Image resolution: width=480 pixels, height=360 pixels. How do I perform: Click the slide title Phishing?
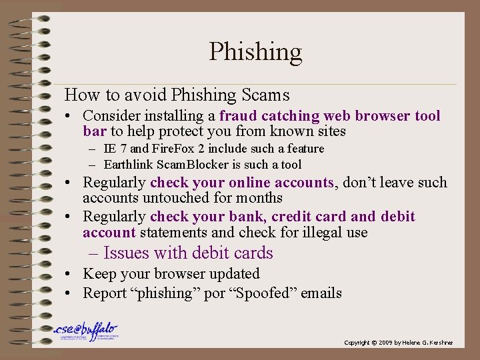(x=255, y=51)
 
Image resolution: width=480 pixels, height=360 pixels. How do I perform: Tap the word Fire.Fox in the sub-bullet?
(x=175, y=149)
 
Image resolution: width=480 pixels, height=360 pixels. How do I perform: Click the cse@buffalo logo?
(x=85, y=332)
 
